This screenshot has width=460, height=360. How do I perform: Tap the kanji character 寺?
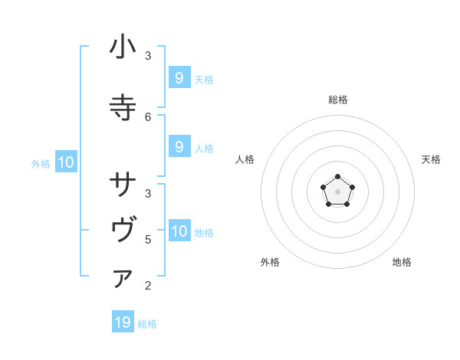[123, 108]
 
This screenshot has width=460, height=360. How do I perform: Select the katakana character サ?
[123, 185]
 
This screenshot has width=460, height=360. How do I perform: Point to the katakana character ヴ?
[123, 231]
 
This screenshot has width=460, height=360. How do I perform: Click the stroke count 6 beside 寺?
[148, 116]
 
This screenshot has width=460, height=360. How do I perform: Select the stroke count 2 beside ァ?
[148, 286]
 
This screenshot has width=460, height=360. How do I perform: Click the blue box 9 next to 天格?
[179, 77]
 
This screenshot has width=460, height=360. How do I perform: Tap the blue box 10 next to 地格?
[179, 231]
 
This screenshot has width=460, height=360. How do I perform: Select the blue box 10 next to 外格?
[65, 162]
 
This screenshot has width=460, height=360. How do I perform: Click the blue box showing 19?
[123, 322]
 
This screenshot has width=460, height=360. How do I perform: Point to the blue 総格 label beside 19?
[147, 324]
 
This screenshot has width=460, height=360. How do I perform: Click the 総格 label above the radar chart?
[338, 100]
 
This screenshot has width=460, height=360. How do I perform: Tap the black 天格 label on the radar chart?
[431, 159]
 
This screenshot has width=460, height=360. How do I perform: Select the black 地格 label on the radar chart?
[402, 262]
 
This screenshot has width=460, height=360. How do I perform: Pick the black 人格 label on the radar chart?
[245, 159]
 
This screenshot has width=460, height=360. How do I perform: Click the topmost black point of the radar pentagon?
[337, 178]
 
